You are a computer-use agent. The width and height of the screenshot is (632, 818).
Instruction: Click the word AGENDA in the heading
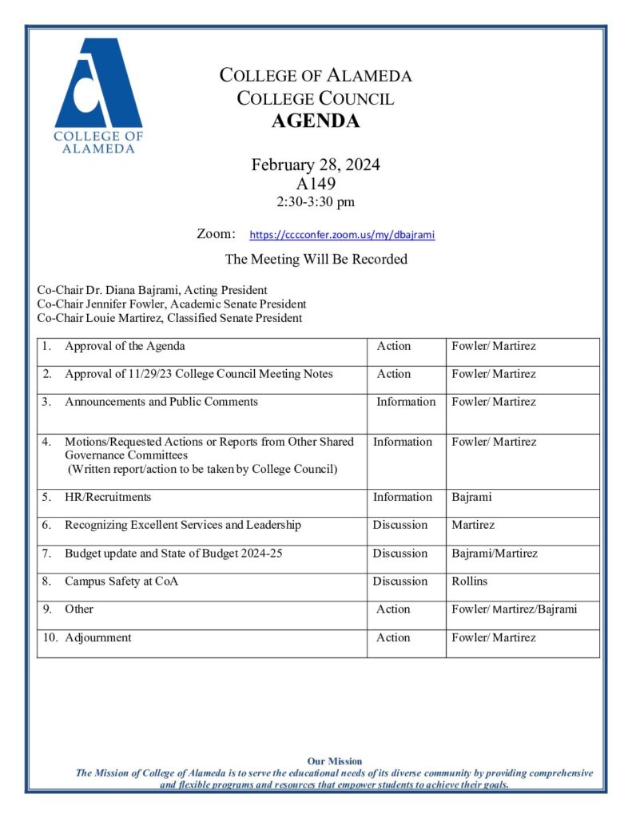point(316,121)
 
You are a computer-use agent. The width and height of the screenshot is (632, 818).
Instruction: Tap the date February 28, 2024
point(316,165)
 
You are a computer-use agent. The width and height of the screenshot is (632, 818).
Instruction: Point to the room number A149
point(316,185)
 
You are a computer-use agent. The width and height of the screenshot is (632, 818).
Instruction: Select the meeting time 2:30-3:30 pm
point(316,202)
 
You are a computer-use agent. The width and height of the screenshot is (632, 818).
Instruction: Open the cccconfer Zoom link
point(342,236)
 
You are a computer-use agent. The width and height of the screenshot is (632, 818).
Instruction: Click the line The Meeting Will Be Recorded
point(316,259)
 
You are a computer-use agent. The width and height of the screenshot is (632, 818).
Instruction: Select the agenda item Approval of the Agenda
point(125,346)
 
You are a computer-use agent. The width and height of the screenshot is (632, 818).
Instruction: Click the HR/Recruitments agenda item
point(108,497)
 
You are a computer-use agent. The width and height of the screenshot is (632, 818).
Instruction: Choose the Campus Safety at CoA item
point(121,581)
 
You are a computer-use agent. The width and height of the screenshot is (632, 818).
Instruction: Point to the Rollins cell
point(469,581)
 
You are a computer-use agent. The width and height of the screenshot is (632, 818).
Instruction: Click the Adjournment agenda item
point(98,637)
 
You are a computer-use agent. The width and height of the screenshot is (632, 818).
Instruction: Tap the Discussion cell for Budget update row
point(399,553)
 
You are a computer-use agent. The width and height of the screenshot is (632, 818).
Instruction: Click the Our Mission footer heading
point(335,761)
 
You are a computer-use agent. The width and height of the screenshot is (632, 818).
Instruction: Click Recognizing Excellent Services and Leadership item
point(183,525)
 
